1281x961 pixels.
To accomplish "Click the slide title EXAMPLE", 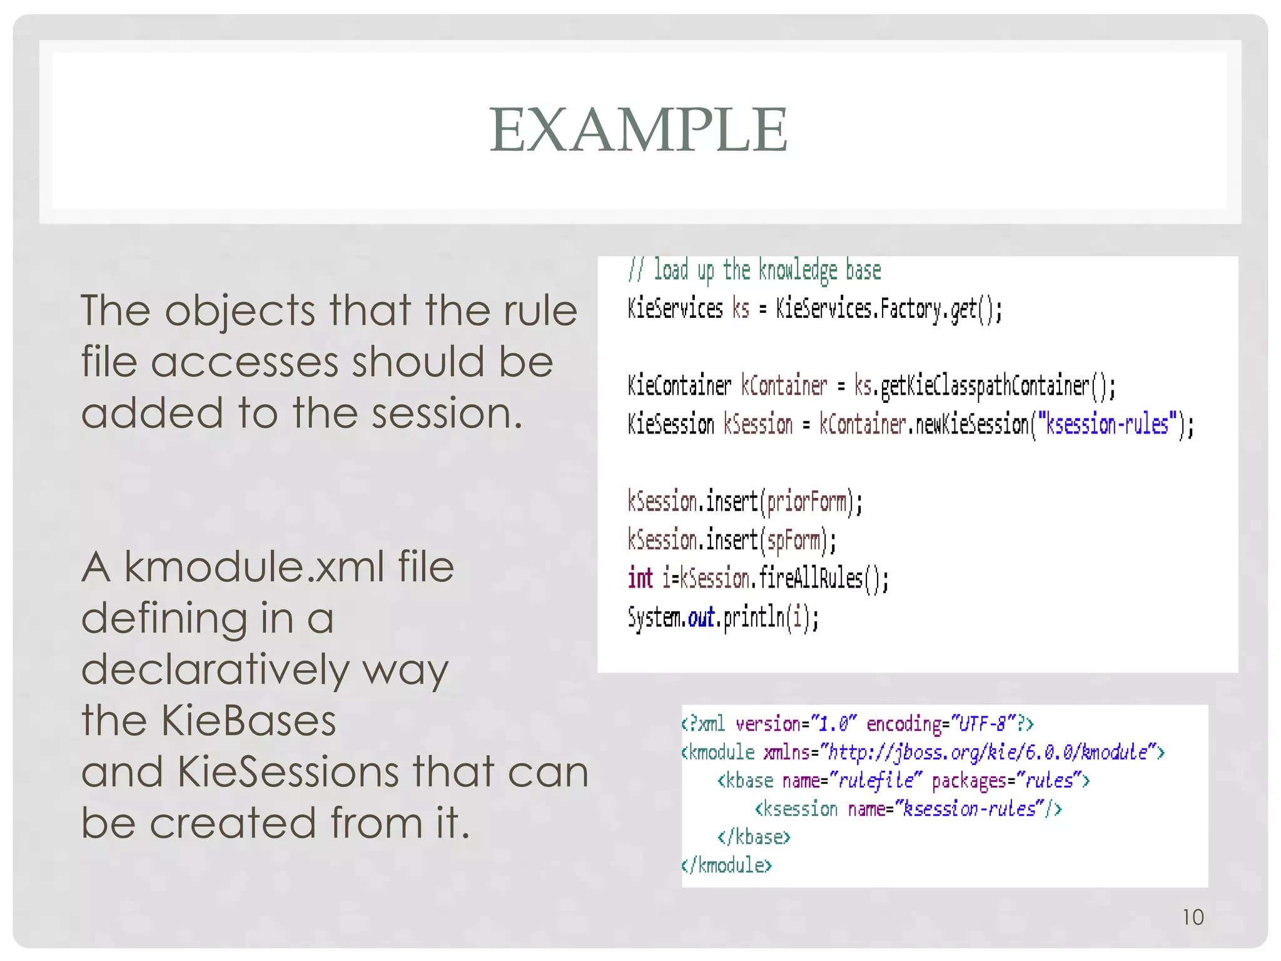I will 639,130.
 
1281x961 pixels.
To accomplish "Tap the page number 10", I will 1193,917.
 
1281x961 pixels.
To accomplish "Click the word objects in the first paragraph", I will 240,310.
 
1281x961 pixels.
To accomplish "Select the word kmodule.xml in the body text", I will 255,567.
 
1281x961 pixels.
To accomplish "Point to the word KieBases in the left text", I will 248,721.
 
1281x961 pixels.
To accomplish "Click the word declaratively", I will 215,669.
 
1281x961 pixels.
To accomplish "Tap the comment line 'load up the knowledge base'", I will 755,271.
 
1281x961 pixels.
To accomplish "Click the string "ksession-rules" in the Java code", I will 1106,425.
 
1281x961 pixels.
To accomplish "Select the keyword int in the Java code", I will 640,578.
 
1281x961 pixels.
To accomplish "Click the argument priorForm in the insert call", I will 807,502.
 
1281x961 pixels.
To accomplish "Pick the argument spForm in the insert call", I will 793,541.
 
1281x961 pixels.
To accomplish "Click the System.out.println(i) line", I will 723,618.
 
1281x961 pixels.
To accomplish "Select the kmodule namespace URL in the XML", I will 988,752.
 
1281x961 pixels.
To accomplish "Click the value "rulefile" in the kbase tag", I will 876,781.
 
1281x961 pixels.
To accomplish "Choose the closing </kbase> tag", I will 754,837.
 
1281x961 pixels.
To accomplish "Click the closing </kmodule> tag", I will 727,865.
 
